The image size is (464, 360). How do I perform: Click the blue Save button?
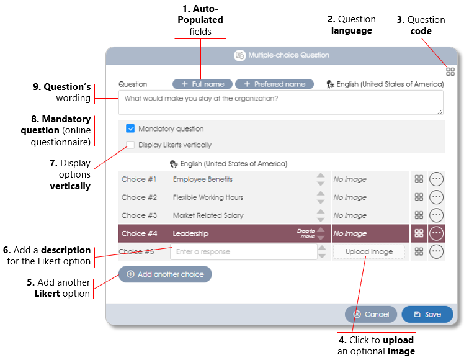pos(427,314)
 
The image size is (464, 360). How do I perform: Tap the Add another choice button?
pos(165,274)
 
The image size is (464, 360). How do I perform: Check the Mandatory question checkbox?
pos(130,128)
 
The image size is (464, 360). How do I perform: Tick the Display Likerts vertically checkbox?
pos(130,145)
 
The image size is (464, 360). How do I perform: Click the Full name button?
pos(202,84)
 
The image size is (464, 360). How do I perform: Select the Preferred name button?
pos(274,84)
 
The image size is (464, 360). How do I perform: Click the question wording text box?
pos(281,102)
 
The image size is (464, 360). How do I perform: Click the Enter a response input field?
pos(244,251)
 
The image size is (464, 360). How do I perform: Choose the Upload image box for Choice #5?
pos(369,251)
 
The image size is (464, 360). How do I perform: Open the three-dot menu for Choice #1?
pos(437,179)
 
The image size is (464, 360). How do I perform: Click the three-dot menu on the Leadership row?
pos(437,233)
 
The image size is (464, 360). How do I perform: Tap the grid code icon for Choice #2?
pos(419,197)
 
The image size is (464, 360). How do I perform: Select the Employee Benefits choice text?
pos(203,179)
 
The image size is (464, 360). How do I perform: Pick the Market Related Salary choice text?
pos(208,215)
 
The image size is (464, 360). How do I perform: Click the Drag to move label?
pos(306,233)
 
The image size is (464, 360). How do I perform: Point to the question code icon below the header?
pos(450,71)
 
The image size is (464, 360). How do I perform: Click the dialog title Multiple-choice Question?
pos(288,55)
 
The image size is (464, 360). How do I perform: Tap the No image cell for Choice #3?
pos(350,215)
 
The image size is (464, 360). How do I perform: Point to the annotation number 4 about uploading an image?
pos(342,340)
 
